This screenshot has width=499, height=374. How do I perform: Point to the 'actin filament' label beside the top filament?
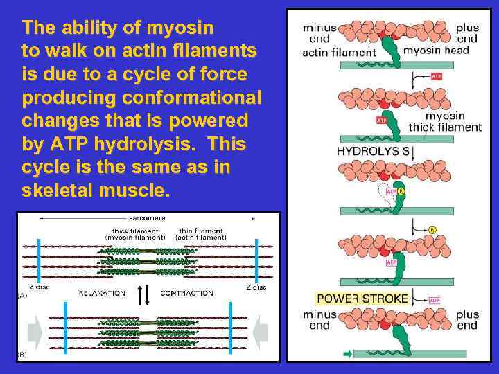pyautogui.click(x=340, y=52)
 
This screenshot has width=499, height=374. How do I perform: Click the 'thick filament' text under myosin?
pyautogui.click(x=444, y=127)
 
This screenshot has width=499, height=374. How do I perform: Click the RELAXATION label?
pyautogui.click(x=102, y=293)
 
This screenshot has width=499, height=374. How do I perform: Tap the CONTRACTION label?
pyautogui.click(x=186, y=293)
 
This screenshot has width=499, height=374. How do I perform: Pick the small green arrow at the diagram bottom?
pyautogui.click(x=348, y=353)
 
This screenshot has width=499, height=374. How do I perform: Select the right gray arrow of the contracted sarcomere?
pyautogui.click(x=260, y=334)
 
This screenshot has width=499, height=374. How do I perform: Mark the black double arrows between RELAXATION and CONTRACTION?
pyautogui.click(x=144, y=294)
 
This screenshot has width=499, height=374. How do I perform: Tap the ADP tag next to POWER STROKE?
pyautogui.click(x=435, y=299)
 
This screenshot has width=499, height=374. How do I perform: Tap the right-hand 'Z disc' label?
pyautogui.click(x=256, y=287)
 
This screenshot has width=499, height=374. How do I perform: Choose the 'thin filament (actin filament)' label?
pyautogui.click(x=201, y=234)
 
